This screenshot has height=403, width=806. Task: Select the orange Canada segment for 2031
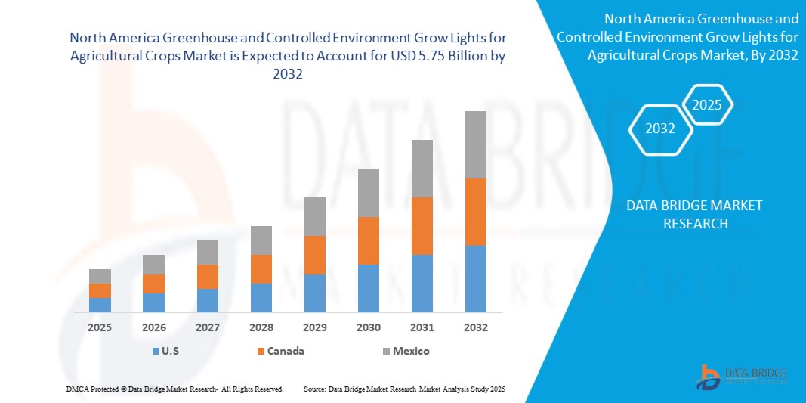422,225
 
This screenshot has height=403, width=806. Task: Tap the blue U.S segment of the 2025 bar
100,304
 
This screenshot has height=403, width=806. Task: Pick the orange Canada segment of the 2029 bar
314,255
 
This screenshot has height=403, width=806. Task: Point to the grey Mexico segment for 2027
207,253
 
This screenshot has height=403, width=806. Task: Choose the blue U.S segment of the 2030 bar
368,288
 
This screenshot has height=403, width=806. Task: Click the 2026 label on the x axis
153,327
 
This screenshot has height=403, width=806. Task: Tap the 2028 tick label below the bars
261,327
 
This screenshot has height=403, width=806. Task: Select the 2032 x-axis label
475,327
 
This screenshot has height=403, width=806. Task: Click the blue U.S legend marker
155,351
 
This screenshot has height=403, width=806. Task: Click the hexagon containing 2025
707,105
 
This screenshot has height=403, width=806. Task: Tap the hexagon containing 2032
660,129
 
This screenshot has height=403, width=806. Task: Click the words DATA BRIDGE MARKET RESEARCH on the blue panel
695,214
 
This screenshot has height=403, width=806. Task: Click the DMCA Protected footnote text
174,389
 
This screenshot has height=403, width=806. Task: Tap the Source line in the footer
403,389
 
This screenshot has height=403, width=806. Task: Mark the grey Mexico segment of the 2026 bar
153,264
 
